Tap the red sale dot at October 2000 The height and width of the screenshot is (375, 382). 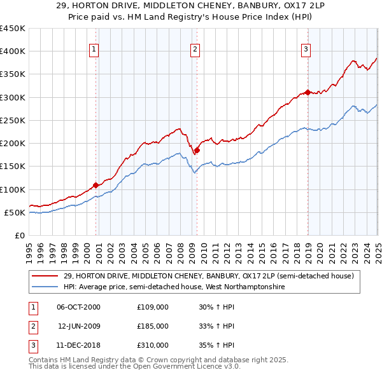96,185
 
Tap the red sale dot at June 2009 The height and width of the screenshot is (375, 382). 197,151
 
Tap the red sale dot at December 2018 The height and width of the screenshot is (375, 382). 308,92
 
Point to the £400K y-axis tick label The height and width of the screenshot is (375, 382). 12,51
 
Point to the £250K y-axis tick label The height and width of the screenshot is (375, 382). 12,120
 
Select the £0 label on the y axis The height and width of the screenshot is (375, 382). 20,235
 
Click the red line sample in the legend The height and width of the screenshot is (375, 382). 45,275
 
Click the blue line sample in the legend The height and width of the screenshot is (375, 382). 45,287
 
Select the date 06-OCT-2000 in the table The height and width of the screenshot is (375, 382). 78,307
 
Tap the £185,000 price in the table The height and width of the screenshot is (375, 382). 153,326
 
